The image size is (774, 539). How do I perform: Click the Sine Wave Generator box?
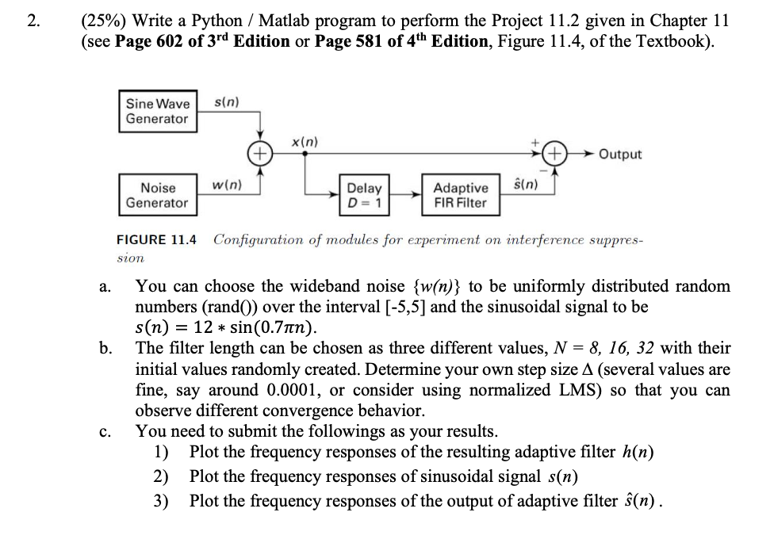tap(158, 111)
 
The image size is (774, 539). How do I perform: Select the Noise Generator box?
tap(158, 195)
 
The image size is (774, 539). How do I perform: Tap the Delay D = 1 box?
tap(365, 195)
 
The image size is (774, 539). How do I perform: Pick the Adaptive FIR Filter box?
tap(461, 195)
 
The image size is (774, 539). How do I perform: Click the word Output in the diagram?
tap(620, 154)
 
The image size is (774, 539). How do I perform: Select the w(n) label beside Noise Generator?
tap(228, 185)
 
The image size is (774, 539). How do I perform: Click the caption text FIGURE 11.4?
tap(157, 239)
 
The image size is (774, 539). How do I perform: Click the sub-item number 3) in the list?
tap(161, 501)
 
